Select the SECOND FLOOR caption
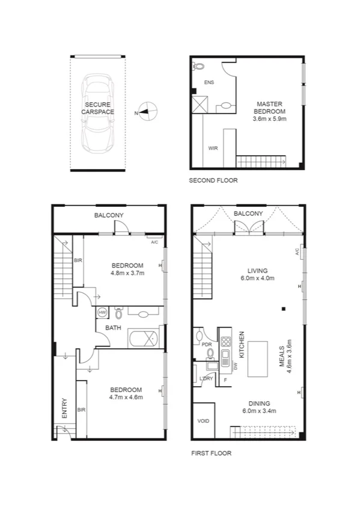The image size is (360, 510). coord(213,180)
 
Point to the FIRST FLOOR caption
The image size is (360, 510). coord(211,453)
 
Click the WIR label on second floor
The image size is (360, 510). coord(213,147)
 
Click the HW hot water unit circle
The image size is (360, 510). coord(102,313)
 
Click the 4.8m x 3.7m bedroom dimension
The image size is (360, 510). coord(126,273)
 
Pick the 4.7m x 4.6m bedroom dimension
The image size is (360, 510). coord(126,397)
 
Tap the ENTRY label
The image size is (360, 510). coord(64,409)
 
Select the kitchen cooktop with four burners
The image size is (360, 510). coord(226,342)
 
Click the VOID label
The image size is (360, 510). coord(204,421)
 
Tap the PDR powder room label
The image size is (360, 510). coord(206,345)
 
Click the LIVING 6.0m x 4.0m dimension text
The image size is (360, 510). coord(257,278)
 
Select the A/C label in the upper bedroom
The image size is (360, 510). coord(154,242)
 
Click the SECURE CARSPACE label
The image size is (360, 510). coord(97,108)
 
